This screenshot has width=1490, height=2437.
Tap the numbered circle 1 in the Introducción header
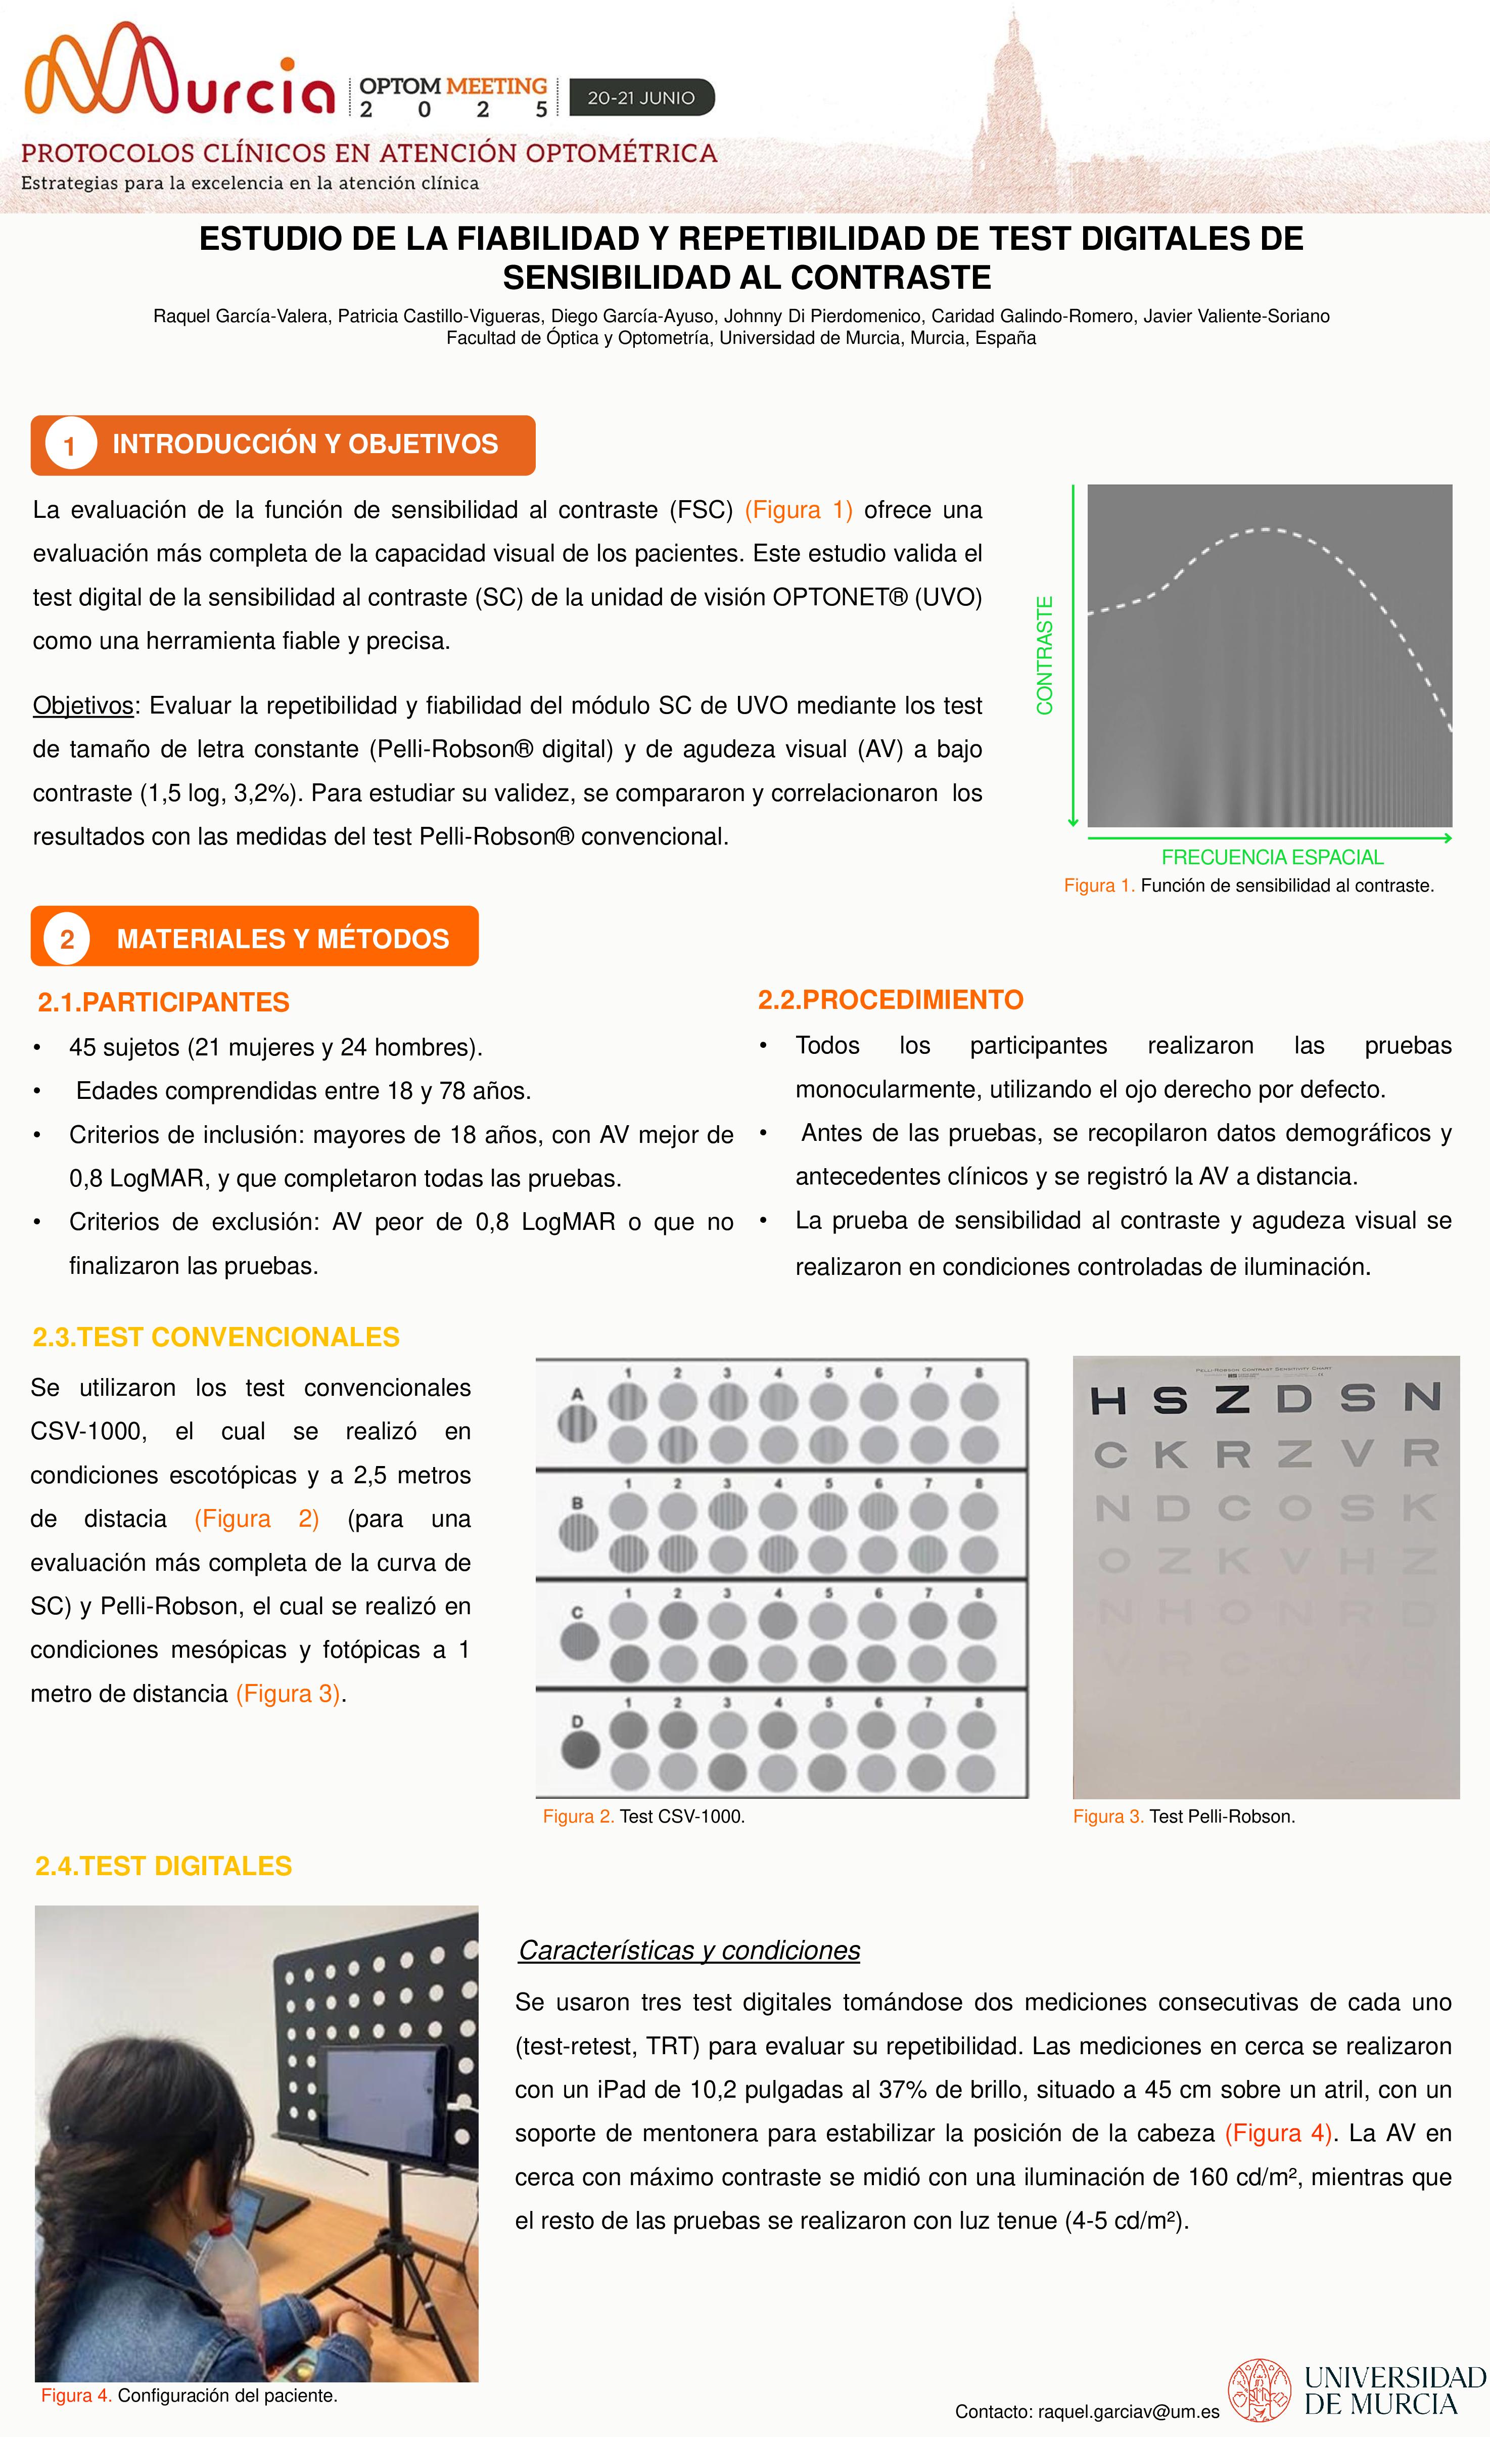click(x=69, y=445)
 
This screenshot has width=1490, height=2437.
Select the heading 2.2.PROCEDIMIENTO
click(x=890, y=1000)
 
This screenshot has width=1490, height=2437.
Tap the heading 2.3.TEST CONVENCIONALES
click(x=215, y=1337)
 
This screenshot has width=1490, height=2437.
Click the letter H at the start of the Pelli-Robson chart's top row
click(x=1108, y=1400)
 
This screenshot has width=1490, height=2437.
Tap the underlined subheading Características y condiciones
click(x=689, y=1951)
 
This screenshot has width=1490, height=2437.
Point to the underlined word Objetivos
click(x=83, y=705)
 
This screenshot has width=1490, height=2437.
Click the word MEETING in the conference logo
click(x=496, y=87)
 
